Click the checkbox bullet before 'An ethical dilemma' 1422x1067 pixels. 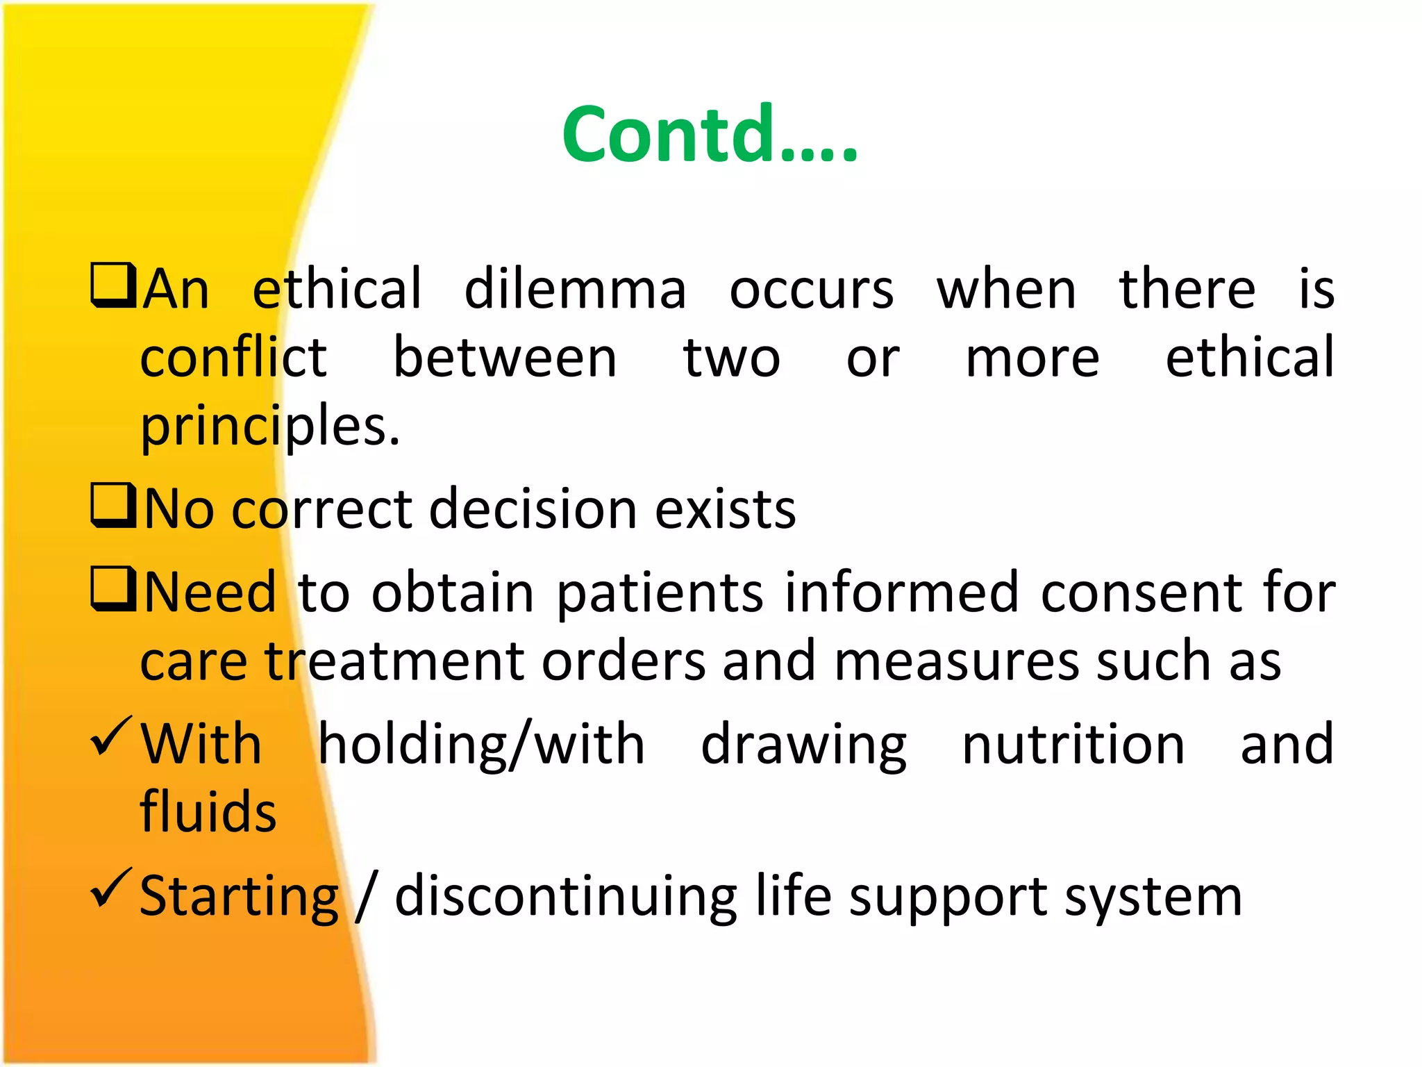(x=113, y=286)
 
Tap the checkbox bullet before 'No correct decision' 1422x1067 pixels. (x=113, y=506)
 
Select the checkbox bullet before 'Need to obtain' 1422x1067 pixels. (x=113, y=589)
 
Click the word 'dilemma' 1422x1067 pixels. (x=575, y=290)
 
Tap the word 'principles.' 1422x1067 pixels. (x=270, y=426)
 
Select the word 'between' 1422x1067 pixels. (x=505, y=358)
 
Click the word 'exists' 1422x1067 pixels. (x=726, y=509)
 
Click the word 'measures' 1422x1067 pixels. (x=956, y=661)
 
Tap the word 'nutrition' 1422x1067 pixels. (x=1073, y=744)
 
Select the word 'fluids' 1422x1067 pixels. (x=208, y=811)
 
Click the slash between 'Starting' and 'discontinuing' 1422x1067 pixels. (x=367, y=897)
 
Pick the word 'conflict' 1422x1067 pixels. (x=233, y=358)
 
